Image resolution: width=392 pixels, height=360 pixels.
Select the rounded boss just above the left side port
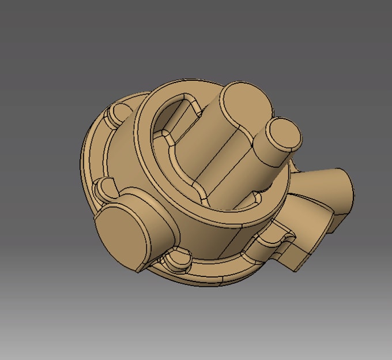point(107,186)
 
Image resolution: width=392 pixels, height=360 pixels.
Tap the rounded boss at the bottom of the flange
point(179,260)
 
